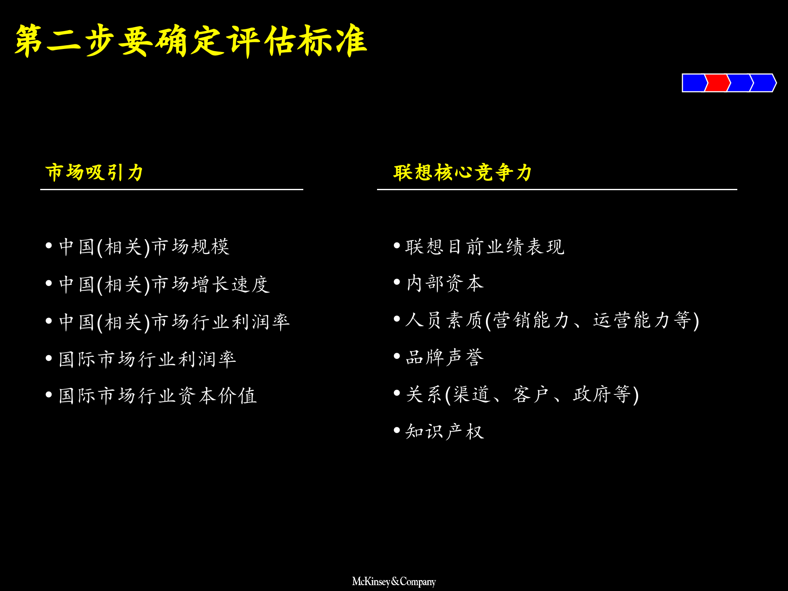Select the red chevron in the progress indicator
pos(717,83)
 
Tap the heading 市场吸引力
pos(94,172)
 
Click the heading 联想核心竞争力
pos(462,172)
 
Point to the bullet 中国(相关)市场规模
pos(144,247)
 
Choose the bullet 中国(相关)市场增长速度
pos(164,284)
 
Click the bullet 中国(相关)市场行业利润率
pos(174,322)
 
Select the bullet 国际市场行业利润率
pos(147,359)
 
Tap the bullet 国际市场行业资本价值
pos(158,396)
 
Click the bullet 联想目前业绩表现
pos(485,247)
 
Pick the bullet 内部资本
pos(445,284)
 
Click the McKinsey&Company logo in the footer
pos(394,581)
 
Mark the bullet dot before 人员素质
pos(397,319)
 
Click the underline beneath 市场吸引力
pos(172,190)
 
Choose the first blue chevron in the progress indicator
pos(694,83)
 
